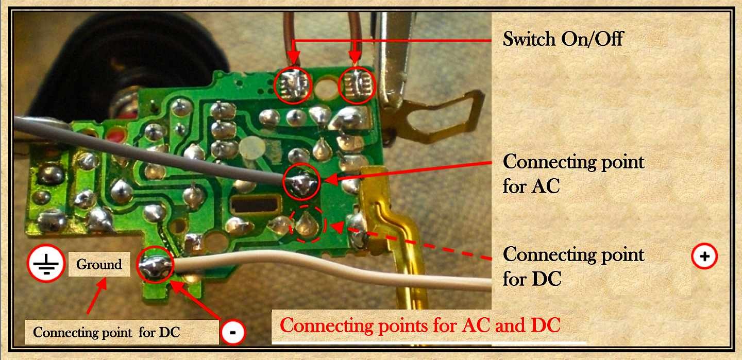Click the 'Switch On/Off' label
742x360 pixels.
tap(563, 39)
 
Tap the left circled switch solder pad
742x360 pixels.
tap(293, 84)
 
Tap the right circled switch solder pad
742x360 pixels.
tap(355, 85)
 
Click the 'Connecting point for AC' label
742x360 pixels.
tap(573, 173)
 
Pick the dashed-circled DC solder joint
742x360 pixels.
tap(307, 225)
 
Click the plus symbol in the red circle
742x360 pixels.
tap(704, 256)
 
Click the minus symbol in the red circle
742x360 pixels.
tap(232, 332)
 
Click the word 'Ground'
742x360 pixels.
tap(99, 265)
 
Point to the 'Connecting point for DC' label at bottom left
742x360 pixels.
tap(106, 332)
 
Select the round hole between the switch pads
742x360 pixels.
tap(324, 87)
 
